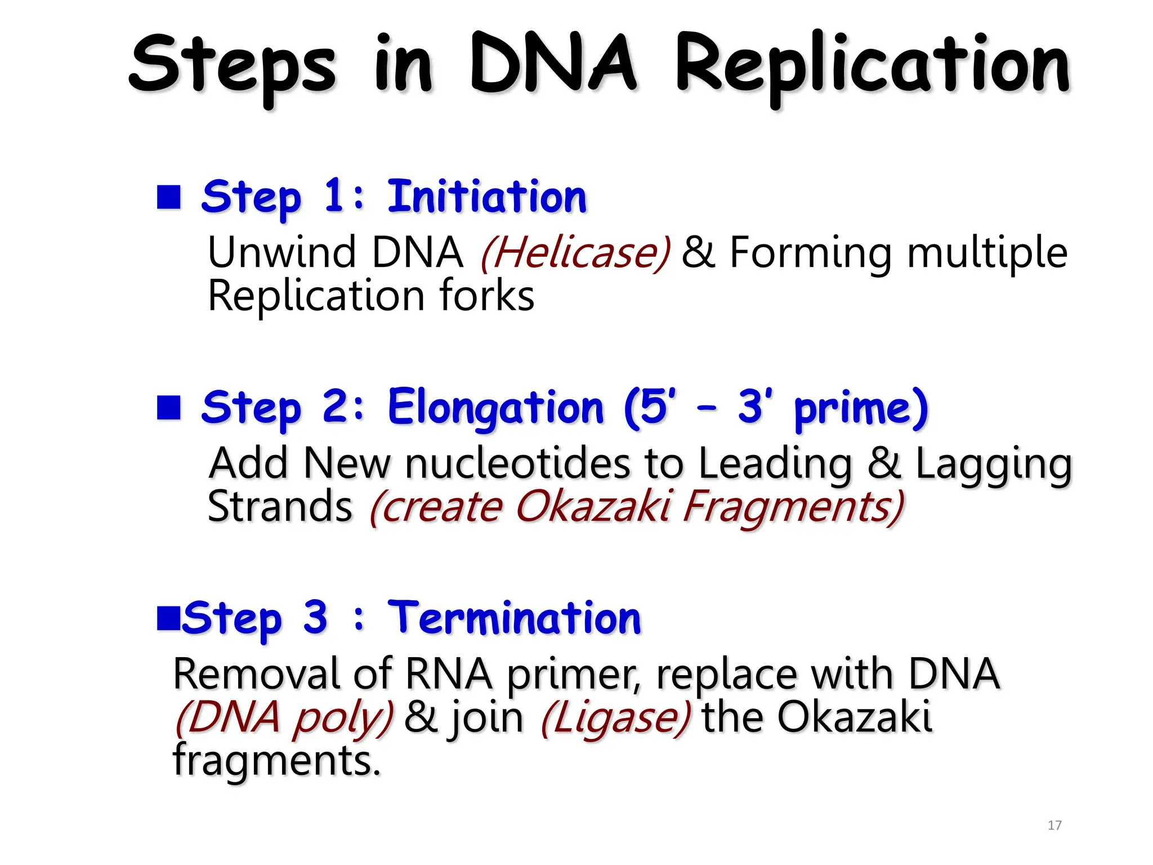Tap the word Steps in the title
coord(233,66)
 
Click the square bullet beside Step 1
coord(168,197)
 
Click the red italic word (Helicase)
coord(575,253)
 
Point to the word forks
coord(486,296)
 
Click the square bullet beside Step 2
coord(168,408)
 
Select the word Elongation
coord(495,408)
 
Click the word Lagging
coord(994,465)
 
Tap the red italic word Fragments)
coord(793,507)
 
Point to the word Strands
coord(280,506)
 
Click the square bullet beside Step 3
coord(168,618)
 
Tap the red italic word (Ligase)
coord(615,717)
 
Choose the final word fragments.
coord(276,760)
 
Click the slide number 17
coord(1054,826)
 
